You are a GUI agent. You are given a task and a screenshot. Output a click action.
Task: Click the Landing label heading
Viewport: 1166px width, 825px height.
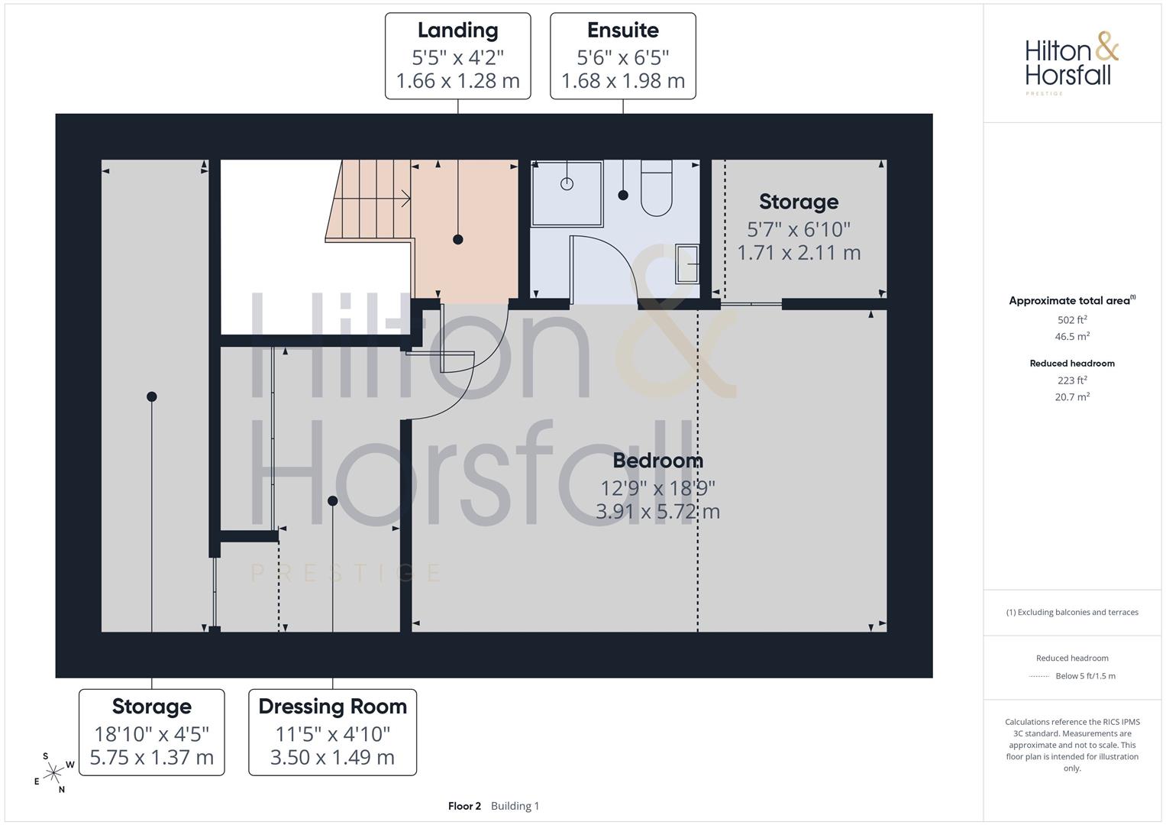457,31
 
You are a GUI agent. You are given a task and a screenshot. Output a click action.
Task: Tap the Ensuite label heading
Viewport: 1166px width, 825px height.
622,31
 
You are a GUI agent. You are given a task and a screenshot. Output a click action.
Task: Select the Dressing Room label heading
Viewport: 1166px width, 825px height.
333,707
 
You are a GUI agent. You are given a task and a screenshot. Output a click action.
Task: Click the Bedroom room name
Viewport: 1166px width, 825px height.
658,461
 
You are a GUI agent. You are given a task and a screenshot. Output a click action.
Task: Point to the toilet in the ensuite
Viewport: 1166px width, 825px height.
657,187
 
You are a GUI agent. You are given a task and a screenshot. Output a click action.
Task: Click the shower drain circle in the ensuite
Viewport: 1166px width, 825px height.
567,184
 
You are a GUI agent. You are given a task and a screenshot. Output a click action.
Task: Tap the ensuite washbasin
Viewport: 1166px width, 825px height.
687,264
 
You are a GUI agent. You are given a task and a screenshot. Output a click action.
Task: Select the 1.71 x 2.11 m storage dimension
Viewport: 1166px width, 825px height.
799,253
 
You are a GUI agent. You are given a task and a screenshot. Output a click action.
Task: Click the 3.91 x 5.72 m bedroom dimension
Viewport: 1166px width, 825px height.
658,512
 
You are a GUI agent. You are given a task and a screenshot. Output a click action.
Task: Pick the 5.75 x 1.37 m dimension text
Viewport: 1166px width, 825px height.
151,757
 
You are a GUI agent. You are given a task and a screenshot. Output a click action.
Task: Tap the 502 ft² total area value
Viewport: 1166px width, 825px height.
1072,319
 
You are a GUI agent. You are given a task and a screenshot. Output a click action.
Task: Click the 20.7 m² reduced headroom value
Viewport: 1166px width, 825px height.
1072,396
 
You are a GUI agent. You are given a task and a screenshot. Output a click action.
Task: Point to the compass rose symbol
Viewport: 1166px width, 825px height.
53,773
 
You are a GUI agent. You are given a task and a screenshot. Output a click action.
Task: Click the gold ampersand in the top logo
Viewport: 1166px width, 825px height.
1107,46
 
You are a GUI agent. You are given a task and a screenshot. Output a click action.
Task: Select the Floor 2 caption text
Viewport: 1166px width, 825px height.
464,806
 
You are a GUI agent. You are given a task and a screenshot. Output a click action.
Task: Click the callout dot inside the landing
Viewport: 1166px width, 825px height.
457,240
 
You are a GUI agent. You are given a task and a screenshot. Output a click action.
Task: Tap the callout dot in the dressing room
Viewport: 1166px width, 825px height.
333,501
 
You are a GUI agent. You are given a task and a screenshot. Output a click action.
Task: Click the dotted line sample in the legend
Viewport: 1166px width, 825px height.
1039,676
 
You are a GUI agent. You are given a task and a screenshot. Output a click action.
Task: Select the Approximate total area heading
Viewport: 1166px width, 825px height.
1072,300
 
